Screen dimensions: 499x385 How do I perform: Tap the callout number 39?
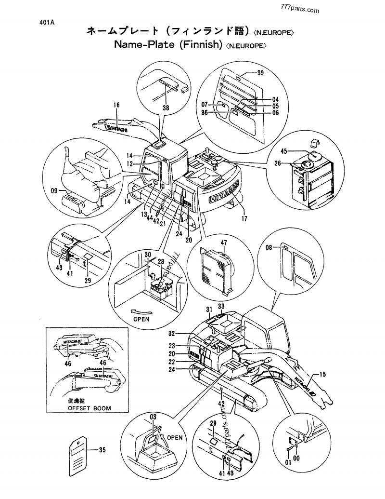coord(260,73)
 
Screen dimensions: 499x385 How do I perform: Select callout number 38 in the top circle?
coord(166,108)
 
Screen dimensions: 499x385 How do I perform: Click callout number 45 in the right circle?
coord(284,151)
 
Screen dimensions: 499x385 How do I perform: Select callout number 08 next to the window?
coord(269,247)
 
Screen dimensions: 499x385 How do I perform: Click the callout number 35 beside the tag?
coord(102,450)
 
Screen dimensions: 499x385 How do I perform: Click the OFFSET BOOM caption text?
coord(89,408)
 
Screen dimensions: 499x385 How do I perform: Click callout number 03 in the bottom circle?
coord(154,416)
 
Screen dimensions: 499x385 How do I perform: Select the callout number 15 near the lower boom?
coord(322,374)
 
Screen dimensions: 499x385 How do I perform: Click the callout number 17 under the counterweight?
coord(244,218)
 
